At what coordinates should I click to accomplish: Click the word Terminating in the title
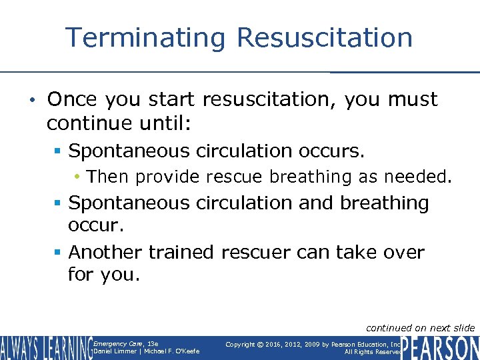click(x=145, y=37)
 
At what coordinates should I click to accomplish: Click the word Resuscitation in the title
click(x=325, y=37)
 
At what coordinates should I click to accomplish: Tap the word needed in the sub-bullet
click(x=425, y=177)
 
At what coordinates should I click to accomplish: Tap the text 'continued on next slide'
click(x=421, y=327)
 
